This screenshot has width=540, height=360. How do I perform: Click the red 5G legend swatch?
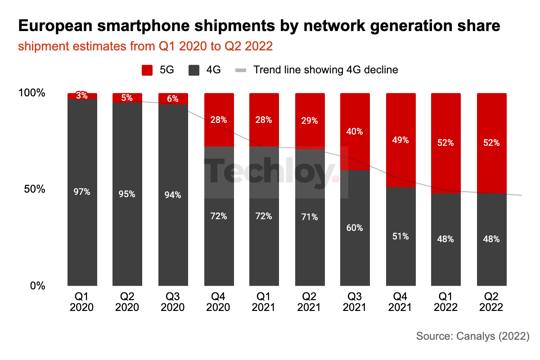pyautogui.click(x=147, y=70)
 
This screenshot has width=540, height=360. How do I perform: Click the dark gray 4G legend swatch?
pyautogui.click(x=194, y=70)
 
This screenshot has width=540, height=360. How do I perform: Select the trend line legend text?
pyautogui.click(x=326, y=70)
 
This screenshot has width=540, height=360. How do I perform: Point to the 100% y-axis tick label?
pyautogui.click(x=32, y=93)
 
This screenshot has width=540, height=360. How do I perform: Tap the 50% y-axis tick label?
pyautogui.click(x=35, y=189)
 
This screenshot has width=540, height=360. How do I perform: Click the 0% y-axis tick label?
pyautogui.click(x=38, y=286)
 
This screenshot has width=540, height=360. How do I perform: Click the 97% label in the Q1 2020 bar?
pyautogui.click(x=82, y=192)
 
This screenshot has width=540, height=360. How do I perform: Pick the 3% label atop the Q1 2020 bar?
pyautogui.click(x=82, y=95)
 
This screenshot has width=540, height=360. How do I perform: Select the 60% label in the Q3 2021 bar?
pyautogui.click(x=355, y=228)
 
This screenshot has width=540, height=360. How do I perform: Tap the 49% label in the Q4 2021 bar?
pyautogui.click(x=400, y=140)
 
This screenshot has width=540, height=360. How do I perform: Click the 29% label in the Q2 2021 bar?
pyautogui.click(x=310, y=121)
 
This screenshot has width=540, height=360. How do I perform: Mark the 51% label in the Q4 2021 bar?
pyautogui.click(x=400, y=236)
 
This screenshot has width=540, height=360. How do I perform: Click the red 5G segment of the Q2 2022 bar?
pyautogui.click(x=492, y=143)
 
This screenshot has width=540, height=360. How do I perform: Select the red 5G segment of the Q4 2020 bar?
pyautogui.click(x=219, y=120)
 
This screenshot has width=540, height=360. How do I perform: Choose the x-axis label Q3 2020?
pyautogui.click(x=173, y=302)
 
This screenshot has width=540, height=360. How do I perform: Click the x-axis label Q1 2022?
pyautogui.click(x=446, y=302)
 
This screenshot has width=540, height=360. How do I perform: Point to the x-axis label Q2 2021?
pyautogui.click(x=309, y=302)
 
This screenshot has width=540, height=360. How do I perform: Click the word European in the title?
pyautogui.click(x=55, y=26)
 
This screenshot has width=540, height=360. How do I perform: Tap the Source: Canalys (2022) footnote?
pyautogui.click(x=473, y=336)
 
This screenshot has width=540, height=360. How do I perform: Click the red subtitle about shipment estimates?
pyautogui.click(x=145, y=46)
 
